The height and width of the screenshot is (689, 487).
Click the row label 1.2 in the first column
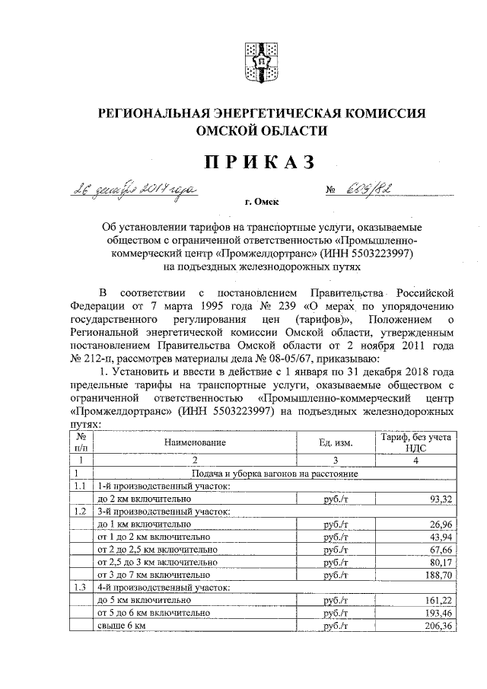(x=78, y=511)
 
